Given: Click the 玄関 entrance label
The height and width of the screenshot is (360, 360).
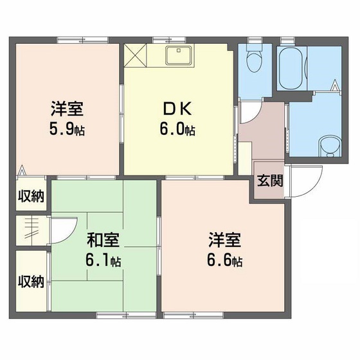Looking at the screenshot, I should click(270, 181).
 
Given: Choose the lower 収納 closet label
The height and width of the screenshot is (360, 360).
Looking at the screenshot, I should click(30, 282).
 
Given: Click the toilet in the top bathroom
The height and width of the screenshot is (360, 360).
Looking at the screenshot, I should click(255, 61).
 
